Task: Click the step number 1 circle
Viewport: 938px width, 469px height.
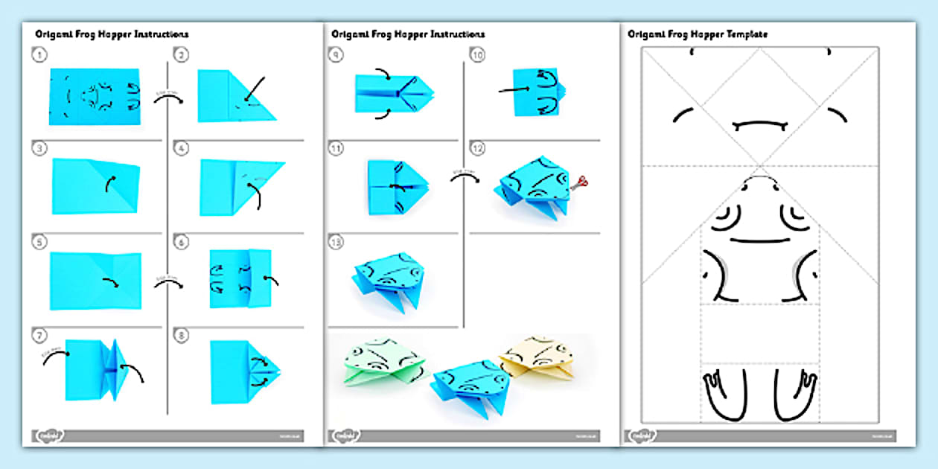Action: pyautogui.click(x=36, y=54)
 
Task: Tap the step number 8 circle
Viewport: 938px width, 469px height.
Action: pyautogui.click(x=181, y=335)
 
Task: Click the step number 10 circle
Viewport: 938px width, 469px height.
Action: pyautogui.click(x=478, y=54)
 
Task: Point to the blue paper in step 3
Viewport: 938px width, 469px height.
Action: pyautogui.click(x=95, y=186)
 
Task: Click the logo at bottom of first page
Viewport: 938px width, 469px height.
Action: pyautogui.click(x=50, y=435)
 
